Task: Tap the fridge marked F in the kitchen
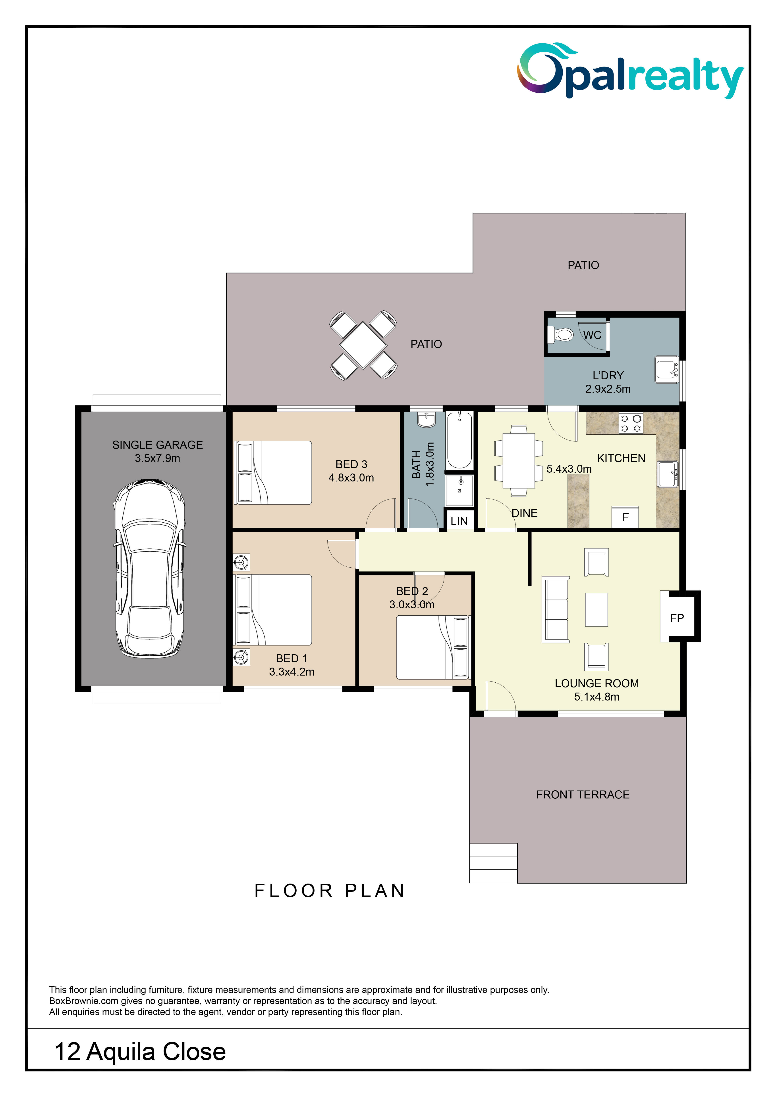click(x=625, y=517)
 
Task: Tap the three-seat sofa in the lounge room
click(x=555, y=610)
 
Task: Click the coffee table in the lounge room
click(x=596, y=610)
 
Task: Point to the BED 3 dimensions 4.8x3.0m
click(x=351, y=477)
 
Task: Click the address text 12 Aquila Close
click(x=140, y=1052)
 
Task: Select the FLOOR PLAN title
click(x=330, y=891)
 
